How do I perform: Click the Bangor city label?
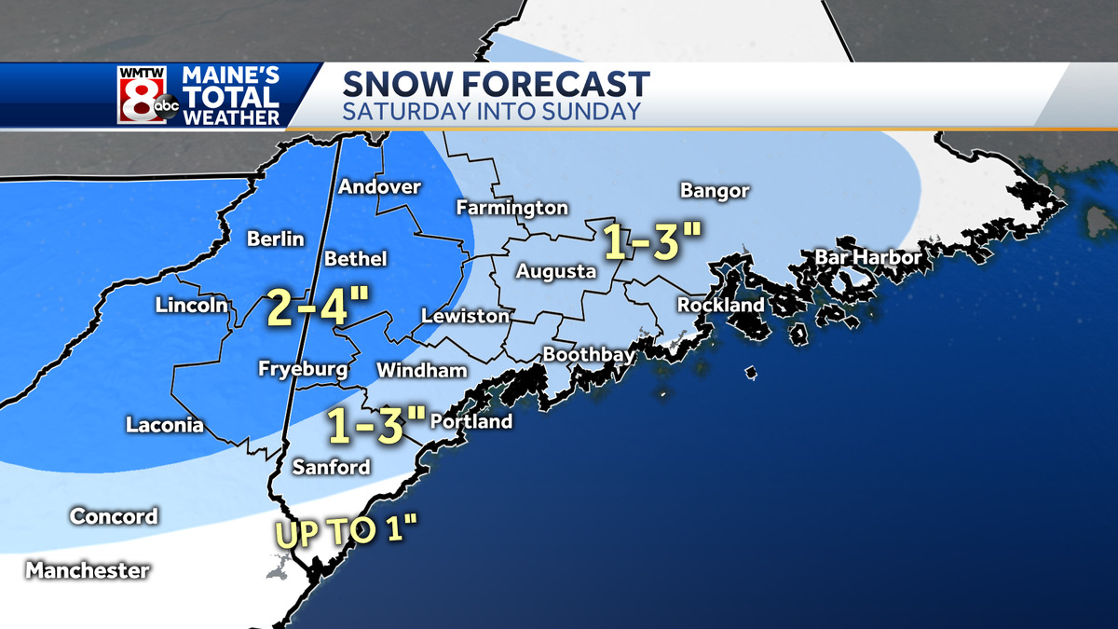click(715, 191)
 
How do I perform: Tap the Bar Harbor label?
click(867, 257)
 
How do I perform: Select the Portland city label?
click(471, 422)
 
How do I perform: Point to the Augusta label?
click(556, 272)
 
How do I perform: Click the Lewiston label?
click(466, 317)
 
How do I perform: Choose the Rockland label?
click(720, 305)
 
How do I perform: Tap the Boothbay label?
click(589, 355)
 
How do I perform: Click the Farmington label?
click(511, 208)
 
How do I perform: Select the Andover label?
click(379, 187)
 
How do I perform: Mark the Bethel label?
click(355, 259)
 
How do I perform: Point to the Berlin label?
click(276, 239)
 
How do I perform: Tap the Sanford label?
click(332, 467)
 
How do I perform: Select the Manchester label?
click(88, 570)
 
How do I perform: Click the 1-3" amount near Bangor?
click(651, 241)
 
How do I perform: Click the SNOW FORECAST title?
click(496, 84)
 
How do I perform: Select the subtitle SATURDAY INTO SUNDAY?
click(491, 112)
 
